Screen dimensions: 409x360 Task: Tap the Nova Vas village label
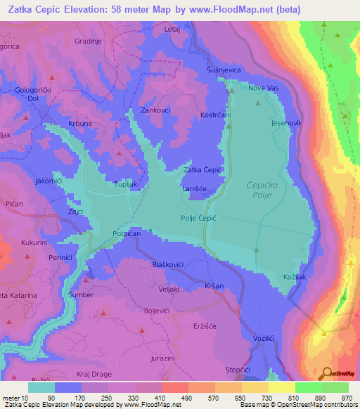[264, 88]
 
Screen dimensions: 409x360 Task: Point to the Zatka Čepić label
[203, 169]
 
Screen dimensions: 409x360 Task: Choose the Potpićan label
[127, 234]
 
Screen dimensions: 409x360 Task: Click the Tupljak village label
[128, 185]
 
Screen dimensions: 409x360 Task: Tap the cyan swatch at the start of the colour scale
[41, 387]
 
